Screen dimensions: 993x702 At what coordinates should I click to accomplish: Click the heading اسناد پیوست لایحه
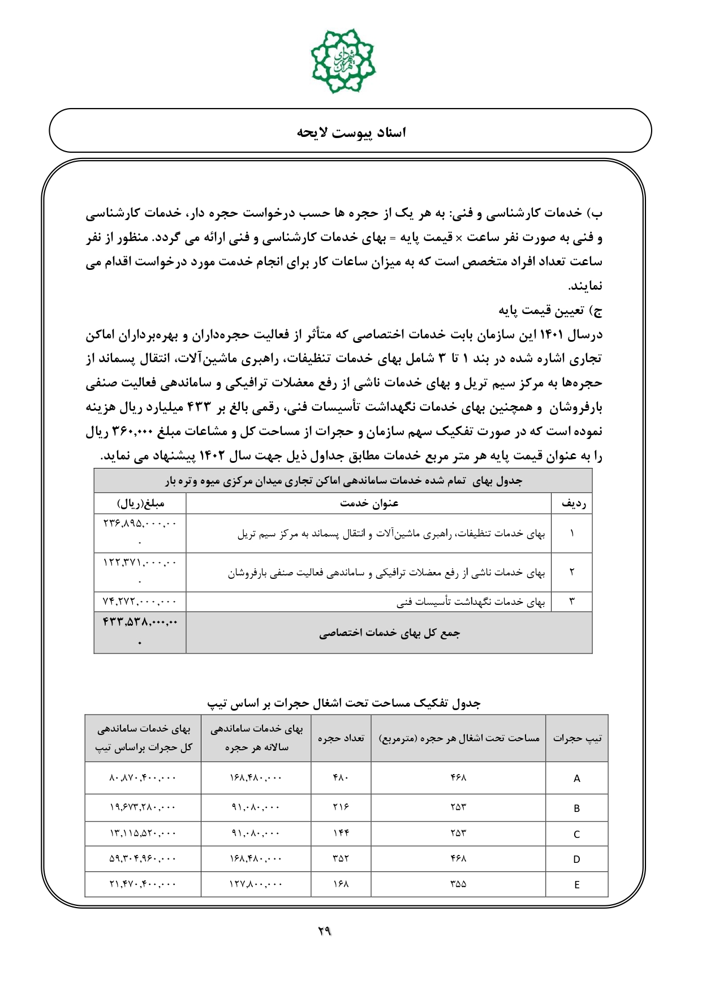[351, 132]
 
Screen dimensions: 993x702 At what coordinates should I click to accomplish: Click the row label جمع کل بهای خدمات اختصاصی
[389, 633]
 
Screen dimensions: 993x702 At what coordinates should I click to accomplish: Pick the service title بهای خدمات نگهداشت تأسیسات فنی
[471, 602]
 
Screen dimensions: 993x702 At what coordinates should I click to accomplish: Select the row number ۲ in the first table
[572, 573]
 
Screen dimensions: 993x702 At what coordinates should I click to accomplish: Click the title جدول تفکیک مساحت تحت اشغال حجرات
[344, 703]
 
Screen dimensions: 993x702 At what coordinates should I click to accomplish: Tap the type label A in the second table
[576, 779]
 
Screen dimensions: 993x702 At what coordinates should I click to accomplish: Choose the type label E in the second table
[576, 885]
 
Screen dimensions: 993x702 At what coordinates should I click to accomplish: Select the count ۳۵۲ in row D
[341, 859]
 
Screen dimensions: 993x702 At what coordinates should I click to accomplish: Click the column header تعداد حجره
[341, 738]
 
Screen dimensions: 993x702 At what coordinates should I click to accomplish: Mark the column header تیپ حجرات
[577, 738]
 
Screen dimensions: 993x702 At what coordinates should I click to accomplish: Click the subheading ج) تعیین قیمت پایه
[550, 311]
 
